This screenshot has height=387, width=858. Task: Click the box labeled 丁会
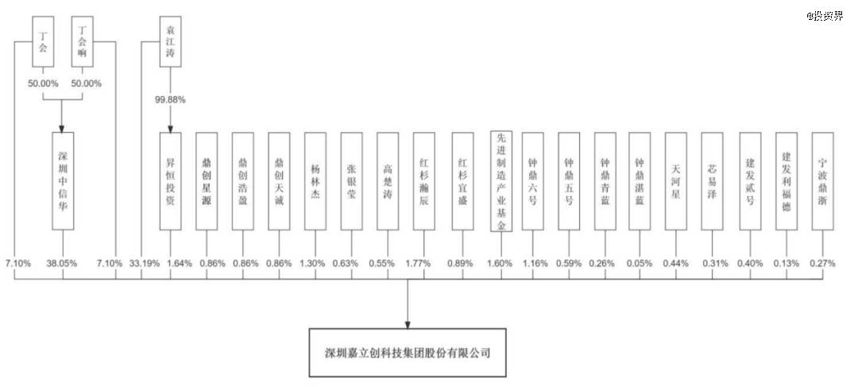(43, 41)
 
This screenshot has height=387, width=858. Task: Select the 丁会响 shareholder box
(83, 41)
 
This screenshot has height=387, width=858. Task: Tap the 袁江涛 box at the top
(170, 41)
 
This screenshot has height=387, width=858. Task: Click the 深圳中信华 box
(63, 180)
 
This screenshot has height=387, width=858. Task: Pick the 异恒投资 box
(170, 180)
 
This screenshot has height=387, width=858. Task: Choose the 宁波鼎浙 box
(822, 180)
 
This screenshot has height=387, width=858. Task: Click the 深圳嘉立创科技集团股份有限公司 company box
(408, 353)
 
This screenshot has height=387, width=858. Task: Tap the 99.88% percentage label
(170, 100)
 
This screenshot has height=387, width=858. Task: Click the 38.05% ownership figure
(63, 263)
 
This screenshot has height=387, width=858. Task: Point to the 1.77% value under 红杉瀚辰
(423, 263)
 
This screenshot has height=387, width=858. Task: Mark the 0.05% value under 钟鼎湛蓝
(639, 263)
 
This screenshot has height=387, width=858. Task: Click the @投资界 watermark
(825, 16)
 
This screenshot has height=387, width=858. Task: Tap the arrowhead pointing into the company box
(408, 324)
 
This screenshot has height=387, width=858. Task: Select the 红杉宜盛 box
(463, 180)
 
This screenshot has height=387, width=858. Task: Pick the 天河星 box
(676, 180)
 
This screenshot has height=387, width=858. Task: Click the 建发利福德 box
(786, 180)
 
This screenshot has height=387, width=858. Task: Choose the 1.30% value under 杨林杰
(315, 263)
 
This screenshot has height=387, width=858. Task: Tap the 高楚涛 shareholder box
(388, 180)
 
